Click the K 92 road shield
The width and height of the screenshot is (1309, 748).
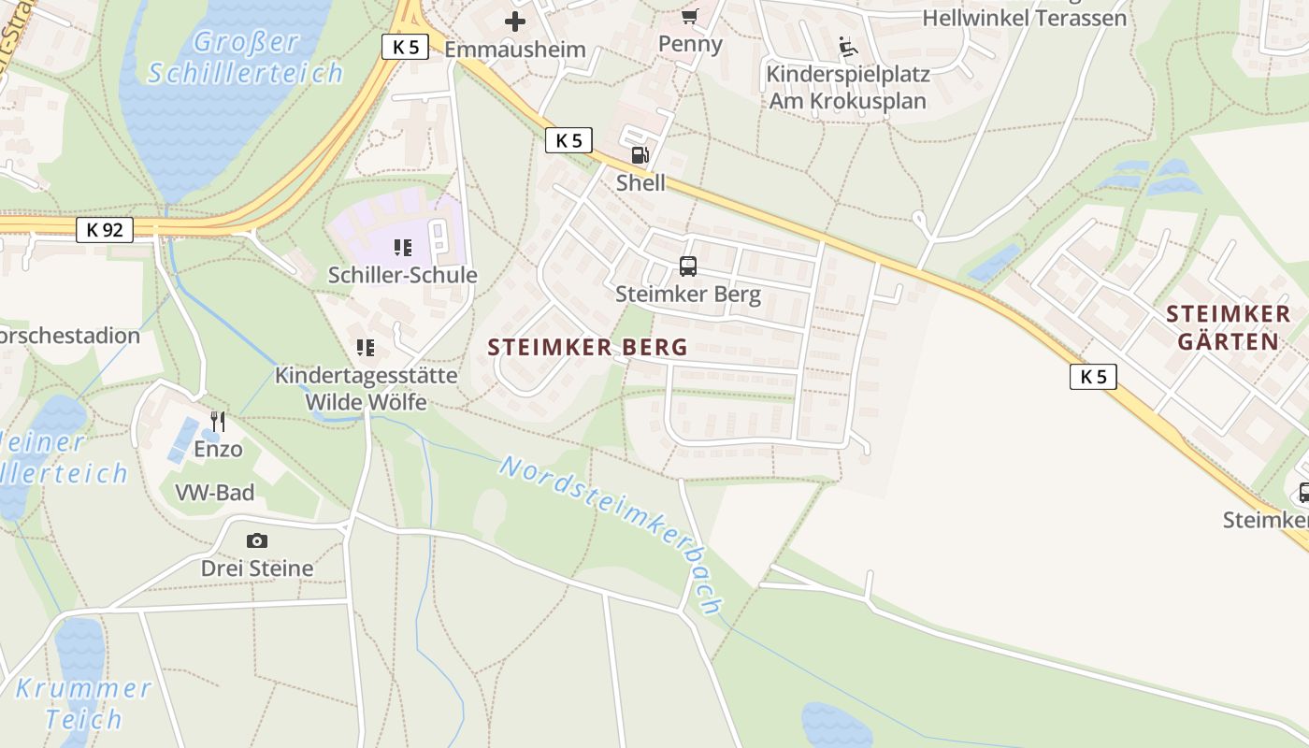tap(105, 229)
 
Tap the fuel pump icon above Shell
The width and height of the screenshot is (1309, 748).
tap(640, 155)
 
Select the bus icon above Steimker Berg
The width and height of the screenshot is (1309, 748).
tap(688, 266)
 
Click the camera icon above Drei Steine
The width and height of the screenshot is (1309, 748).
tap(257, 540)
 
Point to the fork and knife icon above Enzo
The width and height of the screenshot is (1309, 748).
tap(218, 422)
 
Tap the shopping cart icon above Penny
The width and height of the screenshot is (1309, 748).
tap(690, 16)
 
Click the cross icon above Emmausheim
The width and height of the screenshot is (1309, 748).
tap(515, 21)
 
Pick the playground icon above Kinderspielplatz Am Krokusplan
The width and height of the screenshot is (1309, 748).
tap(848, 47)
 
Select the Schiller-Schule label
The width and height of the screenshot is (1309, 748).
tap(402, 275)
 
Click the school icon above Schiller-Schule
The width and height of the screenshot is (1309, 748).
tap(403, 248)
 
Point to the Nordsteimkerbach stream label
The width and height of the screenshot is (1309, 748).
tap(611, 534)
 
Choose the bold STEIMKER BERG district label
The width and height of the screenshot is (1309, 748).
tap(587, 348)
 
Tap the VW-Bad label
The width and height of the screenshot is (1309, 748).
tap(215, 493)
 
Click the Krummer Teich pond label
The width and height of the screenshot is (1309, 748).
tap(83, 704)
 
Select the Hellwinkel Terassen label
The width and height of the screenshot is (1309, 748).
tap(1024, 18)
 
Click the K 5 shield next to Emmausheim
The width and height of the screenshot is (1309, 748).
tap(405, 47)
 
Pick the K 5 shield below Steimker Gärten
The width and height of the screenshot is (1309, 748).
tap(1093, 377)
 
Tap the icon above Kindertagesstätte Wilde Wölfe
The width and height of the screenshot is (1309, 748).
tap(366, 348)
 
